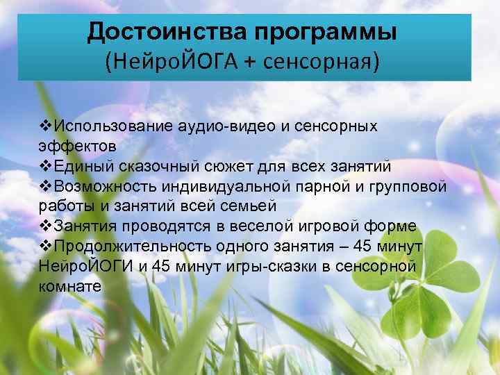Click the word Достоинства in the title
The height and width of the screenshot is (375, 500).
click(167, 31)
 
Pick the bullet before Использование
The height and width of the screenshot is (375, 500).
click(45, 126)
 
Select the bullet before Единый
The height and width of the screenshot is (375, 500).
click(45, 167)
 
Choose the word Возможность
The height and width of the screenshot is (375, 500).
click(104, 186)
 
